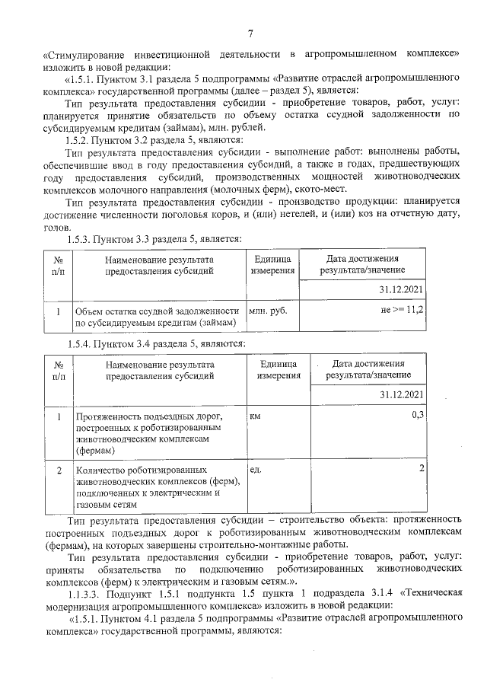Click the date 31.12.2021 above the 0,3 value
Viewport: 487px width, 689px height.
(401, 394)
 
